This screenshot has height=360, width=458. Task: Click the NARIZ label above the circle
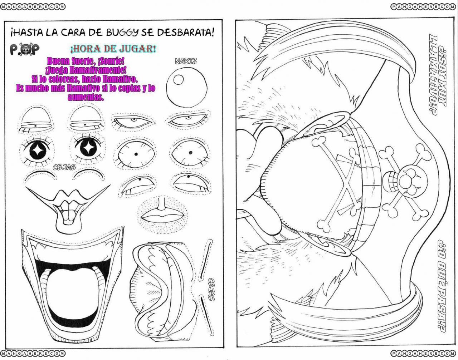(x=186, y=61)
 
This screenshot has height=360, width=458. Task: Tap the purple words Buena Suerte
(x=70, y=61)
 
